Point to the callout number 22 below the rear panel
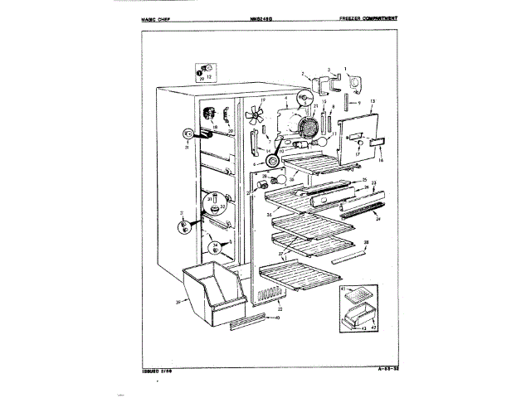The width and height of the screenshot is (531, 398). click(x=266, y=308)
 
